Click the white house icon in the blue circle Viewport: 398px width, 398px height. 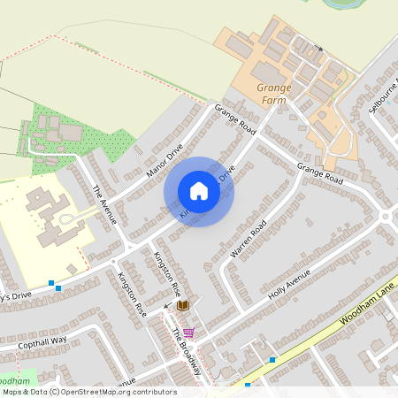[x=199, y=191]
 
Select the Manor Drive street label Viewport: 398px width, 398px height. [x=165, y=159]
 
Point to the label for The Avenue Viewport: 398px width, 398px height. [x=105, y=203]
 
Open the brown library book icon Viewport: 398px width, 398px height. [x=182, y=305]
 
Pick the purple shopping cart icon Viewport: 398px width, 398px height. [x=188, y=333]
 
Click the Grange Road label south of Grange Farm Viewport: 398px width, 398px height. [x=319, y=172]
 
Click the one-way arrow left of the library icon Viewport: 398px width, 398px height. [x=168, y=306]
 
